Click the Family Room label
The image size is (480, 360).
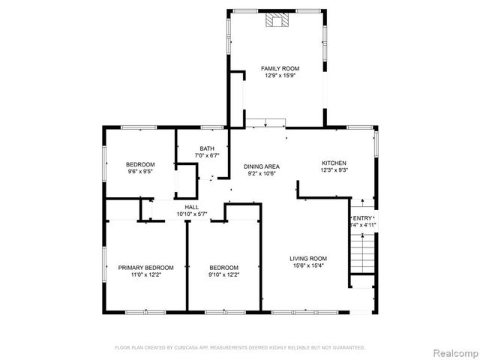pyautogui.click(x=274, y=68)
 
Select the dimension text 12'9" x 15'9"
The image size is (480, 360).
pyautogui.click(x=274, y=75)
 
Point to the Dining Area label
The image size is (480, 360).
pyautogui.click(x=262, y=166)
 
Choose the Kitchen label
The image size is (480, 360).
pyautogui.click(x=334, y=163)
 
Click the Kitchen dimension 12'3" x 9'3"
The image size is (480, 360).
pyautogui.click(x=334, y=169)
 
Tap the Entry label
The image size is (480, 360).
pyautogui.click(x=363, y=217)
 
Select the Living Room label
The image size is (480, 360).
pyautogui.click(x=308, y=259)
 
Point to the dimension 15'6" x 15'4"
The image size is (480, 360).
pyautogui.click(x=308, y=265)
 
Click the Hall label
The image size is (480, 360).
pyautogui.click(x=191, y=208)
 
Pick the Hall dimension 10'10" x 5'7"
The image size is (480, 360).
pyautogui.click(x=191, y=214)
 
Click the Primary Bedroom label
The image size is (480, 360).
pyautogui.click(x=145, y=268)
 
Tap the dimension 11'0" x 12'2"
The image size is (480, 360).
pyautogui.click(x=145, y=274)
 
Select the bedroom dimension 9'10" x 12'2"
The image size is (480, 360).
pyautogui.click(x=223, y=274)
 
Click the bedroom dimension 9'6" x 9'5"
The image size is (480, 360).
pyautogui.click(x=140, y=171)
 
